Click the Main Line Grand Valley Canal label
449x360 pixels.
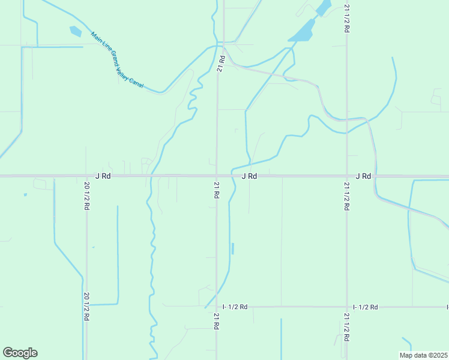pyautogui.click(x=118, y=62)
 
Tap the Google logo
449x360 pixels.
pyautogui.click(x=20, y=353)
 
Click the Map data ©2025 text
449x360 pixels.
pyautogui.click(x=423, y=355)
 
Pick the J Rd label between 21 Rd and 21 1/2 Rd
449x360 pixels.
pyautogui.click(x=249, y=176)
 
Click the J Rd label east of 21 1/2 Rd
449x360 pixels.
pyautogui.click(x=363, y=176)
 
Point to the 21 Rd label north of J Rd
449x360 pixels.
pyautogui.click(x=221, y=64)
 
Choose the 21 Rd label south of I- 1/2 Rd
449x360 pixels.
pyautogui.click(x=215, y=320)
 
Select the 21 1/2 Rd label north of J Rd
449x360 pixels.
pyautogui.click(x=347, y=18)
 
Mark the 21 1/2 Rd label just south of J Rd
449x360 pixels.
pyautogui.click(x=347, y=196)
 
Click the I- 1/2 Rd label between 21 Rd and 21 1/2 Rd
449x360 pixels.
pyautogui.click(x=234, y=307)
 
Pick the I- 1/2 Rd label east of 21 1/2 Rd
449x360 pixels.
pyautogui.click(x=365, y=307)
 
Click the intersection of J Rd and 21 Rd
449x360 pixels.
pyautogui.click(x=217, y=176)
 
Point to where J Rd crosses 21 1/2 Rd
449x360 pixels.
pyautogui.click(x=347, y=176)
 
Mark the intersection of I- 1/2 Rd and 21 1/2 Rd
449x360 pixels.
pyautogui.click(x=347, y=307)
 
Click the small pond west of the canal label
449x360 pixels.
pyautogui.click(x=75, y=31)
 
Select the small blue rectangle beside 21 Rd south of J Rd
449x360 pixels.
pyautogui.click(x=232, y=248)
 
